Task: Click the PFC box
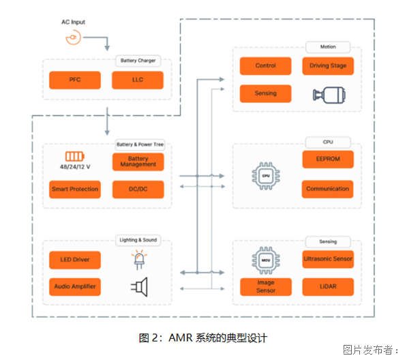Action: (x=75, y=80)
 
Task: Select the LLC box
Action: (x=138, y=80)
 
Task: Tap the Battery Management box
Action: (x=138, y=162)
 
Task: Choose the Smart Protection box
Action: (x=75, y=189)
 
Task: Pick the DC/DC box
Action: (x=138, y=189)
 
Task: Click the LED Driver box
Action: (x=75, y=260)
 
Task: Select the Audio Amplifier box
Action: (x=75, y=286)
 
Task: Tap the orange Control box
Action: (x=265, y=66)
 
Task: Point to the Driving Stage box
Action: (x=328, y=66)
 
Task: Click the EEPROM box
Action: (x=328, y=159)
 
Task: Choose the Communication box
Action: (x=328, y=189)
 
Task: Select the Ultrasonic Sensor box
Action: (x=328, y=259)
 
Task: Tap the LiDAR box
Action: (x=328, y=286)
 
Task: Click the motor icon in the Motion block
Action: (x=327, y=94)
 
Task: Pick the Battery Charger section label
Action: (x=138, y=61)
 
